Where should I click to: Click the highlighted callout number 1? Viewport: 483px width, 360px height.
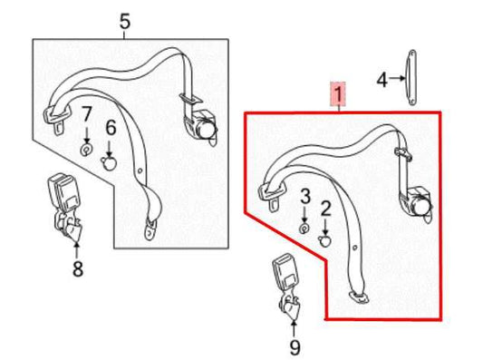338,93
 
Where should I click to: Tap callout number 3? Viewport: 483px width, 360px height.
305,196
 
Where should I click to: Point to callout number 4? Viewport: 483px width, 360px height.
382,81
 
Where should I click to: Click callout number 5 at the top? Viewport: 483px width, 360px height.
125,21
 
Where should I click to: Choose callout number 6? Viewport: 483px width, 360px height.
111,129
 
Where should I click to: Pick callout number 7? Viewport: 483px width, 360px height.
87,115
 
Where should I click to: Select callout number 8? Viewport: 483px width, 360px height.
77,268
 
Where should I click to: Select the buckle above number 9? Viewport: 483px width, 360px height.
285,284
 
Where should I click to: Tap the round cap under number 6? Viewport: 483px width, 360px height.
109,163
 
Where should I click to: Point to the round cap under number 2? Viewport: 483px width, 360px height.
326,241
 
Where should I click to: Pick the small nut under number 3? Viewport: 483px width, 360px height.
305,227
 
